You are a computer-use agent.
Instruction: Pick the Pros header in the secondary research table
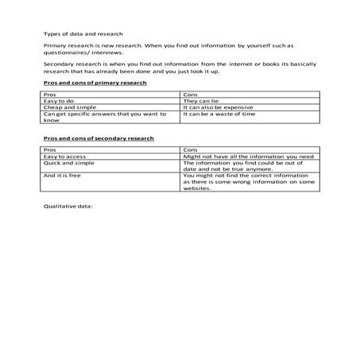(50, 149)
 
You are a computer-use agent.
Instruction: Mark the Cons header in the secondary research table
(189, 149)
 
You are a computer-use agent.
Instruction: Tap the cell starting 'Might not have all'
(249, 157)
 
